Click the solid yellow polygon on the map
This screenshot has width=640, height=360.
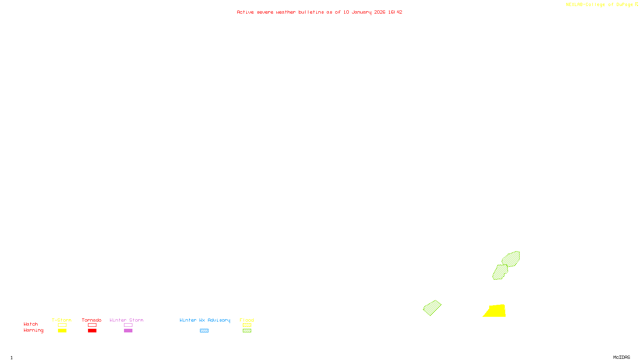pos(496,311)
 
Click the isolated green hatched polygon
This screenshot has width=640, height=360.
pos(432,308)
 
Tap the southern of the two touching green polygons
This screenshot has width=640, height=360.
pos(500,272)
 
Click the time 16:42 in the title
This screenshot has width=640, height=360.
pos(395,12)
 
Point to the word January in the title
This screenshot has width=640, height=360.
pos(362,12)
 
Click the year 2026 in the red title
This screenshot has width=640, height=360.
pos(380,12)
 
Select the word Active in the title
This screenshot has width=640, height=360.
pos(245,12)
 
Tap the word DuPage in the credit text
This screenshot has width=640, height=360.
pos(625,4)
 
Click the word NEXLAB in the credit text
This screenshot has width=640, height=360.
pos(575,4)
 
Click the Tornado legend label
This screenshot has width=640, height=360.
pos(92,320)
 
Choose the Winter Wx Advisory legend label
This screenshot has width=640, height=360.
pos(205,320)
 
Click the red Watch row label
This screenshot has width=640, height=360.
pos(31,324)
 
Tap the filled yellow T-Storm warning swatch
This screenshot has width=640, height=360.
pos(62,330)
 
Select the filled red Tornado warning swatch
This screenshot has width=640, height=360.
pos(92,330)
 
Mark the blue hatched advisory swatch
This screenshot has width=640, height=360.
pos(204,330)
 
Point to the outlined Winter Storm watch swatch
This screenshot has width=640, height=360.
pos(128,325)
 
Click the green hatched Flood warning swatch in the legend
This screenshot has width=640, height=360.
pos(247,330)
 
